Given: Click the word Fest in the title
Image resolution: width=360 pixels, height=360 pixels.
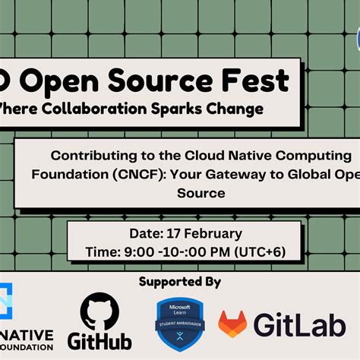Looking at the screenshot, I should (254, 79).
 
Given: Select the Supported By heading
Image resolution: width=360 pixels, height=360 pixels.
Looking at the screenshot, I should (180, 282).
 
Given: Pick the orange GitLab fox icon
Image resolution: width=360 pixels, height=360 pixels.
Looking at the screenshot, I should (232, 324).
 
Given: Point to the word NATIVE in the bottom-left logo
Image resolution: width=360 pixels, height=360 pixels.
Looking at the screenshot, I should (27, 335).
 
